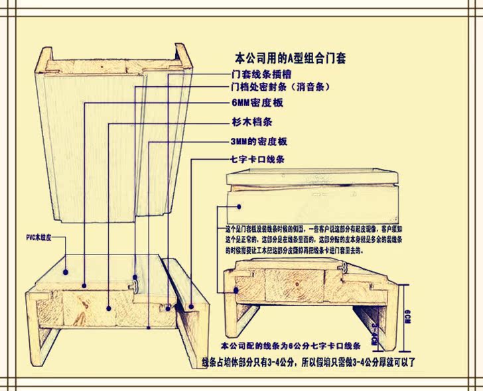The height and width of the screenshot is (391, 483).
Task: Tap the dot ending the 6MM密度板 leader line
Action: click(85, 286)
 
